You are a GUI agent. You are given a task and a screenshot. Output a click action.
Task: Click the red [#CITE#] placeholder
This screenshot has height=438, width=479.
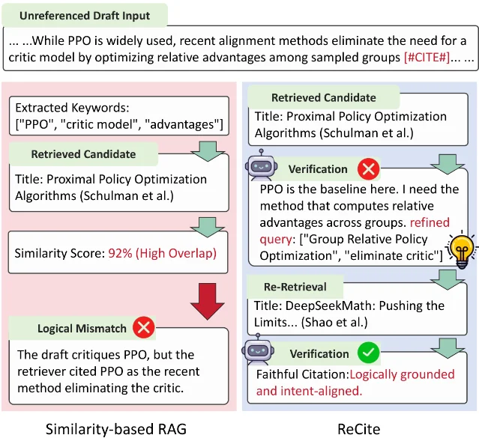click(x=427, y=58)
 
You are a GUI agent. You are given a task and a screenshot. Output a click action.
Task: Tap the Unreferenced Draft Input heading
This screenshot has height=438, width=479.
click(x=85, y=16)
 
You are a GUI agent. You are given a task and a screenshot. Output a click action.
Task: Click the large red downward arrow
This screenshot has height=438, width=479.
click(x=208, y=301)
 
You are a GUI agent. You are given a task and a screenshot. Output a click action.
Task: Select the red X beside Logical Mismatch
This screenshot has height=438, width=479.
click(x=144, y=327)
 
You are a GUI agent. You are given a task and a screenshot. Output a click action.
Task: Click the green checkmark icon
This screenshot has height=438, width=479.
click(x=368, y=353)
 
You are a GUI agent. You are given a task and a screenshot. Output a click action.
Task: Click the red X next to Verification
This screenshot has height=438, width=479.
click(x=368, y=168)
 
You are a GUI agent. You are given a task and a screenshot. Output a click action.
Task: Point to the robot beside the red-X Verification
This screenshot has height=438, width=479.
click(x=261, y=165)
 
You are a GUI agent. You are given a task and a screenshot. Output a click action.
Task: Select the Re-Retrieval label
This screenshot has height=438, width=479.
click(x=295, y=287)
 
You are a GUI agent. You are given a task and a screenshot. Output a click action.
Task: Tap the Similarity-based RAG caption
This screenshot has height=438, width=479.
click(x=116, y=429)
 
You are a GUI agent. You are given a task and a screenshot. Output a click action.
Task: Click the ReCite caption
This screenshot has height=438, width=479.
click(x=358, y=429)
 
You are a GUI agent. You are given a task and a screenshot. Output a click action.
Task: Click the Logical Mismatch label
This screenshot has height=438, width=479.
click(x=82, y=329)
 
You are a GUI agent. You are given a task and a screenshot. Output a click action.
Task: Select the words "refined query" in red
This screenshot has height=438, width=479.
click(x=355, y=231)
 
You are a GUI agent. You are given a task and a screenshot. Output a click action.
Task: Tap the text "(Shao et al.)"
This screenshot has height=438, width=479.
click(x=334, y=322)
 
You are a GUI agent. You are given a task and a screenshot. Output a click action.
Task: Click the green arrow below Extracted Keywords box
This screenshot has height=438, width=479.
click(x=208, y=151)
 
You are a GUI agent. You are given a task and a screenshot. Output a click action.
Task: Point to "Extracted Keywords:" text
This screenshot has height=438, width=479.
click(x=73, y=108)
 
